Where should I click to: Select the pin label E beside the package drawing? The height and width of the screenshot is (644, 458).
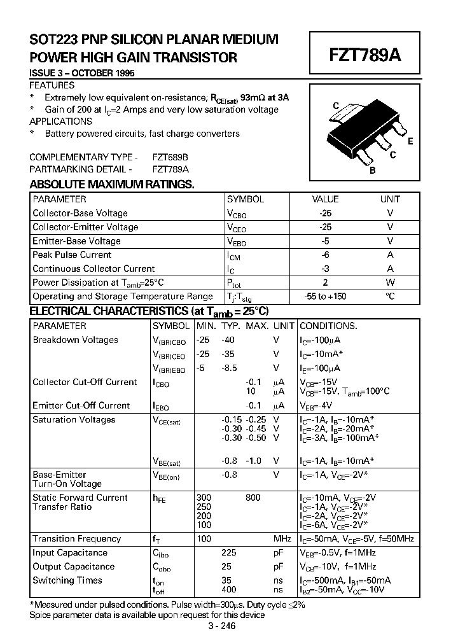pos(410,141)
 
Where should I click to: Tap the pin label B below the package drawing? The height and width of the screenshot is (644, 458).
pos(373,170)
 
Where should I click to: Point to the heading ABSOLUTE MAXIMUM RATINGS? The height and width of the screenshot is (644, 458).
pos(112,185)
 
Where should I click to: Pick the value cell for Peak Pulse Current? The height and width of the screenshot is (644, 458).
pos(326,255)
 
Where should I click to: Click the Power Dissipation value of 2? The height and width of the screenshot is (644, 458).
pos(326,283)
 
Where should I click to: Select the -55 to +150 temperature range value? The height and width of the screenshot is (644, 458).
pos(326,297)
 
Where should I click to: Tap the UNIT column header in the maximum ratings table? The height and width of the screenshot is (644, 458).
pos(390,199)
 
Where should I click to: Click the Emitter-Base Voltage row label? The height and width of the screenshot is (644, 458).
pos(76,241)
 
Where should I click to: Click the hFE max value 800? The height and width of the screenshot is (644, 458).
pos(253,498)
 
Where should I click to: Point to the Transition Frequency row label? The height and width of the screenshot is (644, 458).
pos(76,539)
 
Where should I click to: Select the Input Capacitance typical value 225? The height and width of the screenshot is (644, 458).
pos(228,553)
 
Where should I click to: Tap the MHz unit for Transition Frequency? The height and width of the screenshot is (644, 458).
pos(282,539)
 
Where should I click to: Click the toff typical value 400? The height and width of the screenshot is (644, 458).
pos(228,590)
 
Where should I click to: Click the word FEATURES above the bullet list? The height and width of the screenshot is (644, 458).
pos(52,85)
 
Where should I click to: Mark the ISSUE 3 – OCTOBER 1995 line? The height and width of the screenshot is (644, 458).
pos(82,73)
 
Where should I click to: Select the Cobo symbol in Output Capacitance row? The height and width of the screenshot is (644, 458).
pos(160,568)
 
